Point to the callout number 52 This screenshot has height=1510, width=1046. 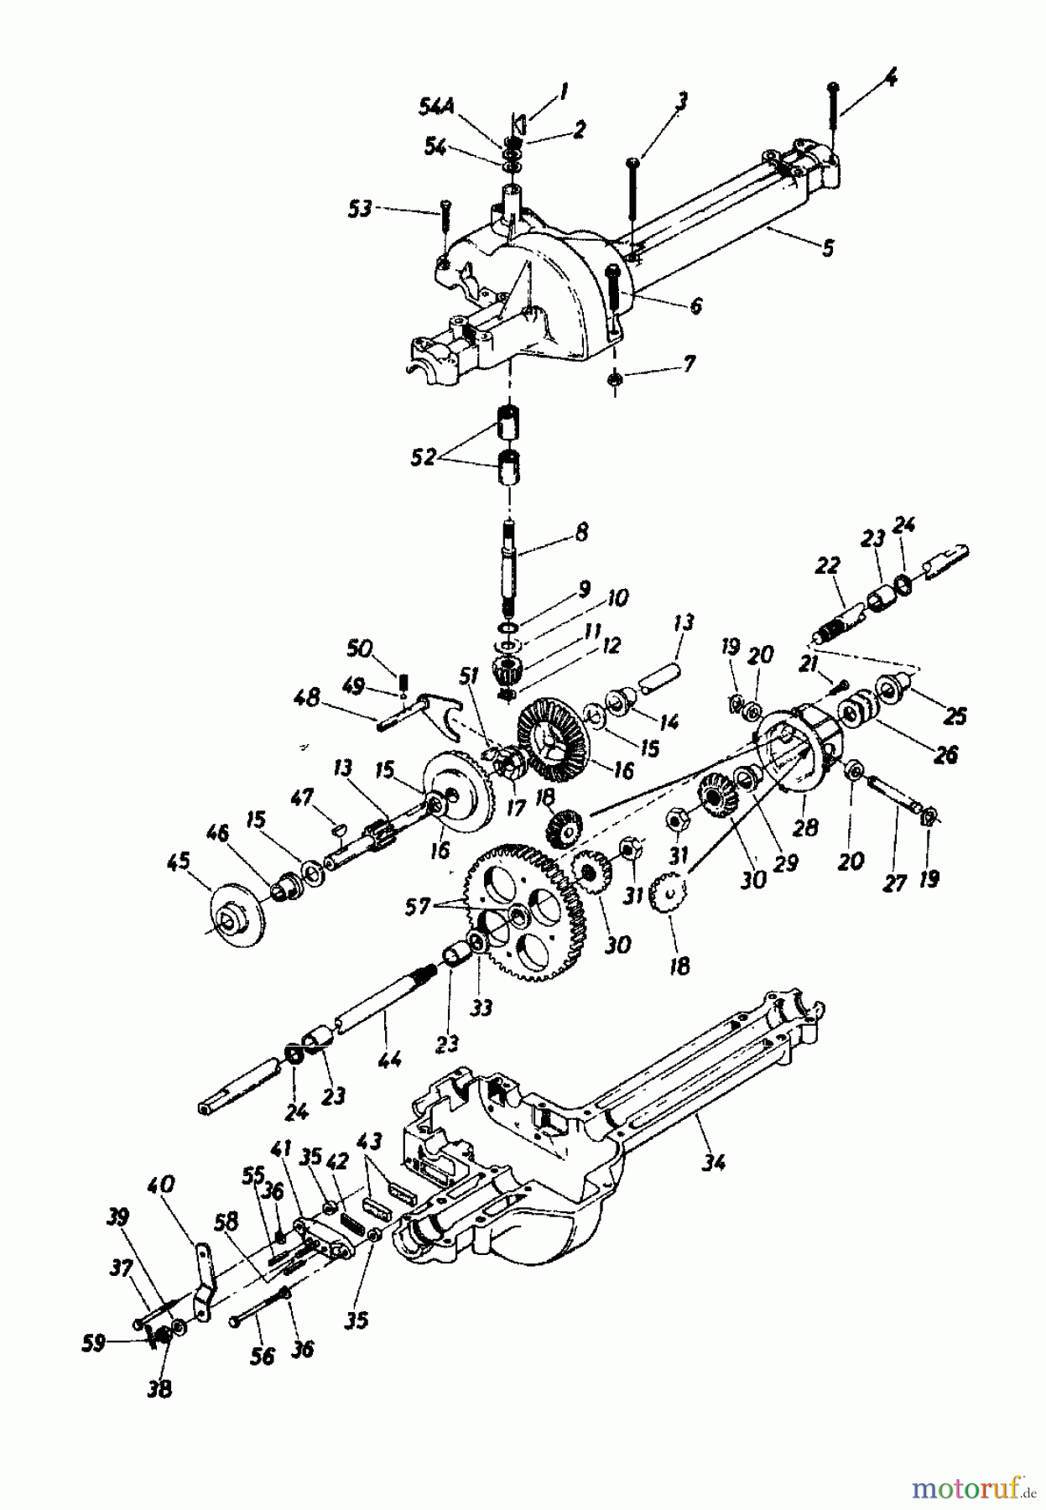[x=424, y=457]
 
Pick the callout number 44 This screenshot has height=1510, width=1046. [x=390, y=1060]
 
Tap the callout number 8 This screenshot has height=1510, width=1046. [x=582, y=532]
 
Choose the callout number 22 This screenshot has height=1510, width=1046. [x=827, y=567]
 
